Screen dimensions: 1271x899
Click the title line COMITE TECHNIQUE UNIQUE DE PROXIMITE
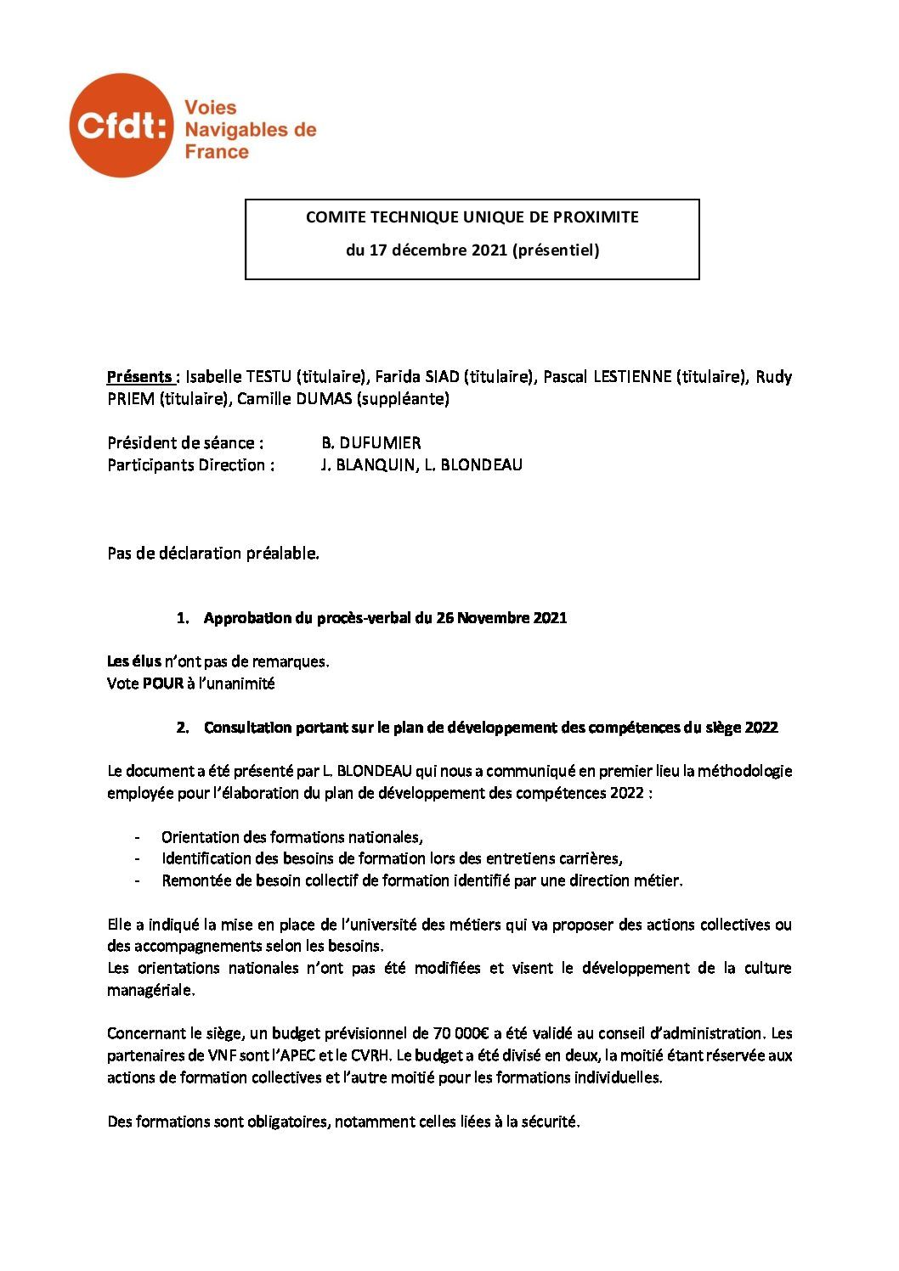(472, 217)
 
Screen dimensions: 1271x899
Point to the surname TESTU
(266, 377)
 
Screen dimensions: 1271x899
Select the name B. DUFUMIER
(370, 443)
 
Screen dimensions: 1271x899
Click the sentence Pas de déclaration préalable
(213, 554)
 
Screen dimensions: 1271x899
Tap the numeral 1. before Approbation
(182, 618)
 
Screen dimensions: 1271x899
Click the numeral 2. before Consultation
(182, 728)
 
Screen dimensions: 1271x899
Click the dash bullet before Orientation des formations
(138, 837)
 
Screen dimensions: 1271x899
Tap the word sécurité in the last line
(552, 1122)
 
